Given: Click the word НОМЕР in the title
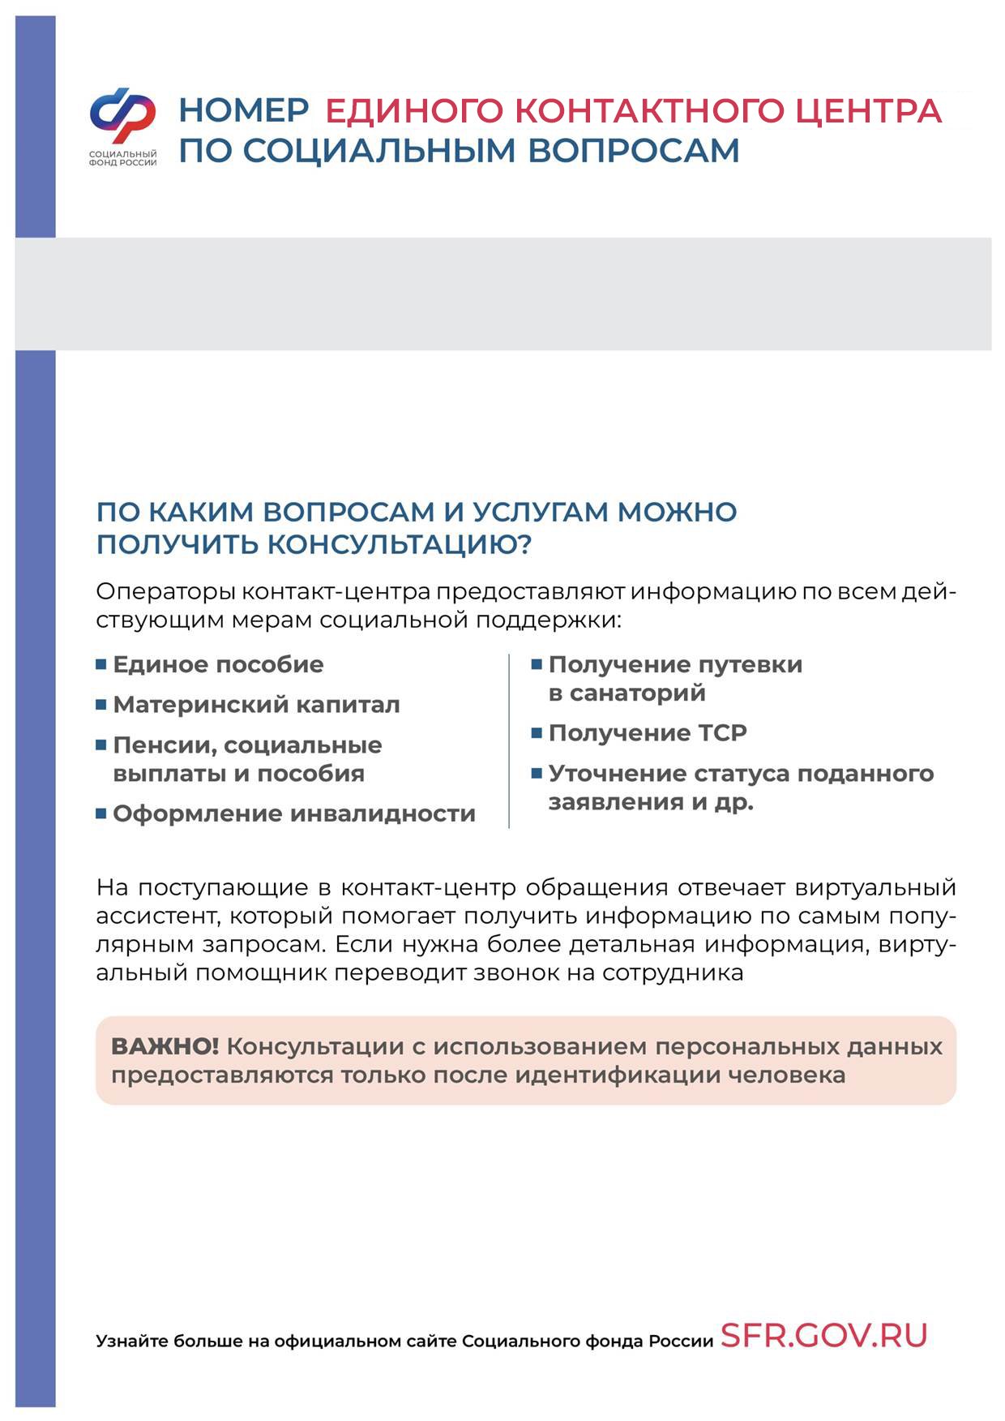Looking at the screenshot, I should [x=243, y=110].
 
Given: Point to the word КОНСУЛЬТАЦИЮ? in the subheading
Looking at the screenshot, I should [x=400, y=544].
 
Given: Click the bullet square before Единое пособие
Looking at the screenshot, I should [x=101, y=664].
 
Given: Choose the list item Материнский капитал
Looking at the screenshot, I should [x=256, y=705].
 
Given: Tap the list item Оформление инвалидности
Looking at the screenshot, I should [x=293, y=814].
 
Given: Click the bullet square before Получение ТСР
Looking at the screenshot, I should [x=537, y=733].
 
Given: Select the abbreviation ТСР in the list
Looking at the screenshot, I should [x=720, y=733].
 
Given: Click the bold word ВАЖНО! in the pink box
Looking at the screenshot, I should [x=165, y=1046].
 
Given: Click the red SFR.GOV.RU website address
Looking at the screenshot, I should [x=823, y=1335].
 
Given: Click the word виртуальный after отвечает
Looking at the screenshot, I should [x=875, y=887].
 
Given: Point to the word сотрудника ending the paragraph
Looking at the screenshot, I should [x=673, y=972].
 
